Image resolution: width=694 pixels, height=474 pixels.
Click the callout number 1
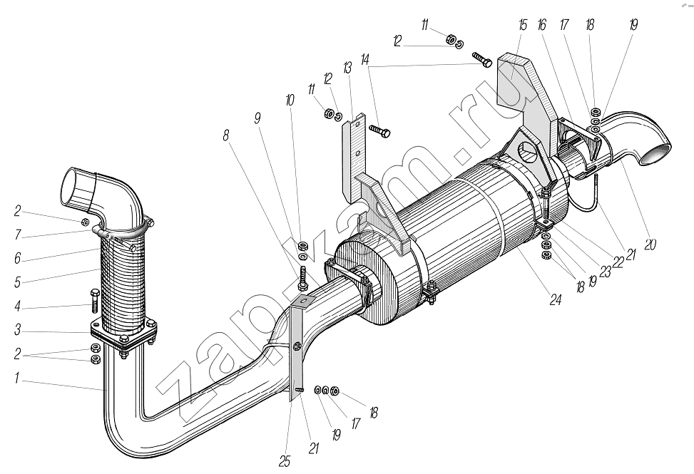[17, 378]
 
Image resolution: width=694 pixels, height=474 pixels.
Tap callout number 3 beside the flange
[17, 330]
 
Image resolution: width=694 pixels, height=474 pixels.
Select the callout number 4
[17, 306]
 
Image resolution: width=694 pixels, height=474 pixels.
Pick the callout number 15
[523, 25]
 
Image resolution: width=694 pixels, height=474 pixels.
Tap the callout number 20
[650, 244]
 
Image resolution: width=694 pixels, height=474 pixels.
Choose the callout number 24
[556, 300]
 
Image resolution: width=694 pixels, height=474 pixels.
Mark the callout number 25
[285, 462]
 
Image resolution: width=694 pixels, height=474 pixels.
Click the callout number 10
[290, 101]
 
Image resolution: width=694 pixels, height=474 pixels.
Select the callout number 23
[605, 271]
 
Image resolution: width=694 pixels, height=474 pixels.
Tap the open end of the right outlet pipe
[656, 155]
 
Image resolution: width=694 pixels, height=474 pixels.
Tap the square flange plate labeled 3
[124, 332]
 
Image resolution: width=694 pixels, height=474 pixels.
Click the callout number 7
[17, 235]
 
